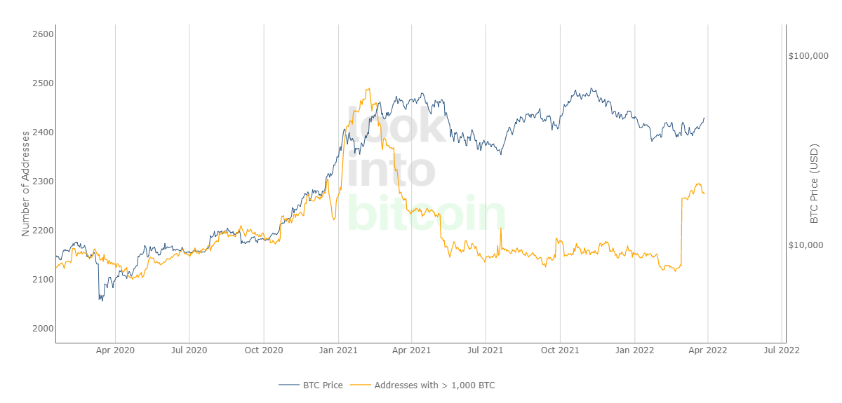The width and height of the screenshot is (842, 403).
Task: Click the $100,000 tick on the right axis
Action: (808, 55)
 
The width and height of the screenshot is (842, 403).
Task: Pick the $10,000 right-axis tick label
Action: (810, 245)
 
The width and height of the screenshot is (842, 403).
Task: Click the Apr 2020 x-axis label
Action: (115, 348)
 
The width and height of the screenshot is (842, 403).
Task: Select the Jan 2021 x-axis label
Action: (338, 348)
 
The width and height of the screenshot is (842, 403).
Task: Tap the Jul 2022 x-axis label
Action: (782, 348)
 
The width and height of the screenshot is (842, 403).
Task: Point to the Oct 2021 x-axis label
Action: (560, 348)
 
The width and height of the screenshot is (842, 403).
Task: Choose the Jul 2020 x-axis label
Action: (189, 348)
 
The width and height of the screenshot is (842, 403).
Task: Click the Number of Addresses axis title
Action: (26, 182)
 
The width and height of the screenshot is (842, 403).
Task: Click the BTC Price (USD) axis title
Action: (815, 184)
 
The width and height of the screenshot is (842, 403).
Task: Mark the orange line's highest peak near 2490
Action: (368, 89)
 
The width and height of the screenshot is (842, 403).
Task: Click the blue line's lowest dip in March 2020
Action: (100, 300)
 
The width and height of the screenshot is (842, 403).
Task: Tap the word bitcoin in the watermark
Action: (426, 213)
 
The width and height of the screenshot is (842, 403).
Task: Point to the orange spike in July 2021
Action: (500, 229)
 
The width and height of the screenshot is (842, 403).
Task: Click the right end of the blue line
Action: (704, 118)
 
